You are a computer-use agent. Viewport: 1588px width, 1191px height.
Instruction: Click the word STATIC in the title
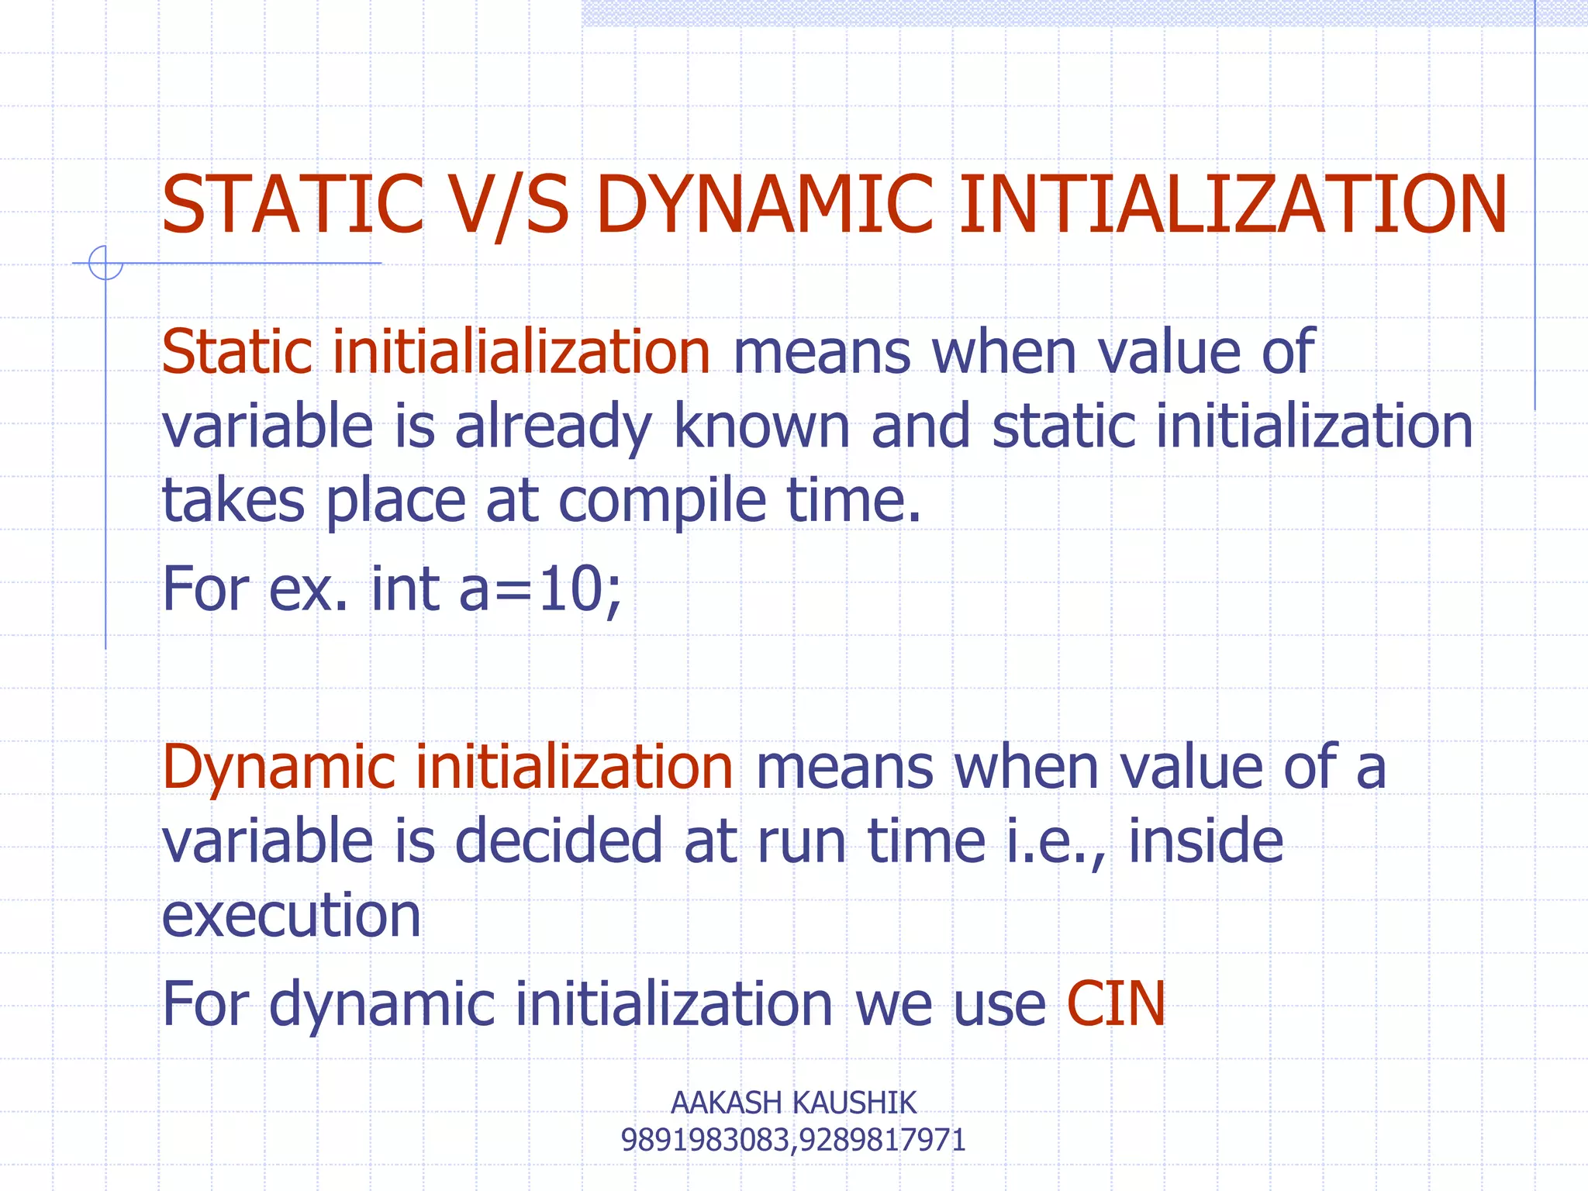(293, 205)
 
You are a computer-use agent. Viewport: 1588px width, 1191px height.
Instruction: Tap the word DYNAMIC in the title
(765, 205)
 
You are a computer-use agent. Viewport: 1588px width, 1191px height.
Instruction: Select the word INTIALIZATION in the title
(1233, 205)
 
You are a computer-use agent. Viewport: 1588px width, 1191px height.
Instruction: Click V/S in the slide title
(510, 205)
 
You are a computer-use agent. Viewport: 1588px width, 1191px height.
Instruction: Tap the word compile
(662, 500)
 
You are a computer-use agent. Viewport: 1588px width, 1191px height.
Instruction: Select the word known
(761, 426)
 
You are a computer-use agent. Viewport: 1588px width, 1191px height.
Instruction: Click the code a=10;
(540, 589)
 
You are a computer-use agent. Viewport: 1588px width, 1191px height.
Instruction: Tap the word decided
(558, 841)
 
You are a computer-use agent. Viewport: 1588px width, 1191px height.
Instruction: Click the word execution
(291, 916)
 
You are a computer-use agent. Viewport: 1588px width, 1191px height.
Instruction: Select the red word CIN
(1116, 1004)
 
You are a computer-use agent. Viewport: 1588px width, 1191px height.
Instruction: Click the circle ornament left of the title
(105, 262)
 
